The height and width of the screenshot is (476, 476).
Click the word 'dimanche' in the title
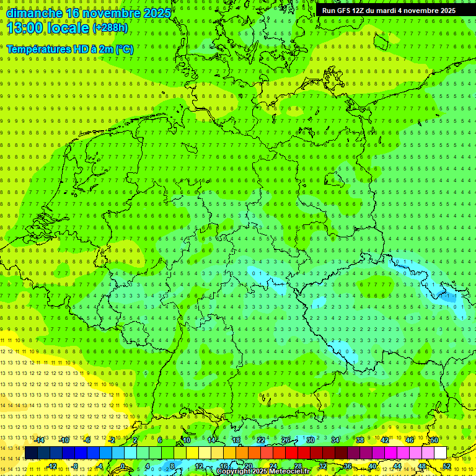32,12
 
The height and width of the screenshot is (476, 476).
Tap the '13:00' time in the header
25,27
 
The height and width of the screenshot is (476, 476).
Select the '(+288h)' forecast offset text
111,28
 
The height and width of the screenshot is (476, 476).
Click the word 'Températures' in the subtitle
40,48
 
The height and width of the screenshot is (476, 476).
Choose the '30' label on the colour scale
310,440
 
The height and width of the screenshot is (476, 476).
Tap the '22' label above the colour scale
260,440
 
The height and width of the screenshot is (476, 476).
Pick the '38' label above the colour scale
359,440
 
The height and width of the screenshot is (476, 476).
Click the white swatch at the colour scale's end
440,452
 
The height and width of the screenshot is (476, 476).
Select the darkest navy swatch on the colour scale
31,452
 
